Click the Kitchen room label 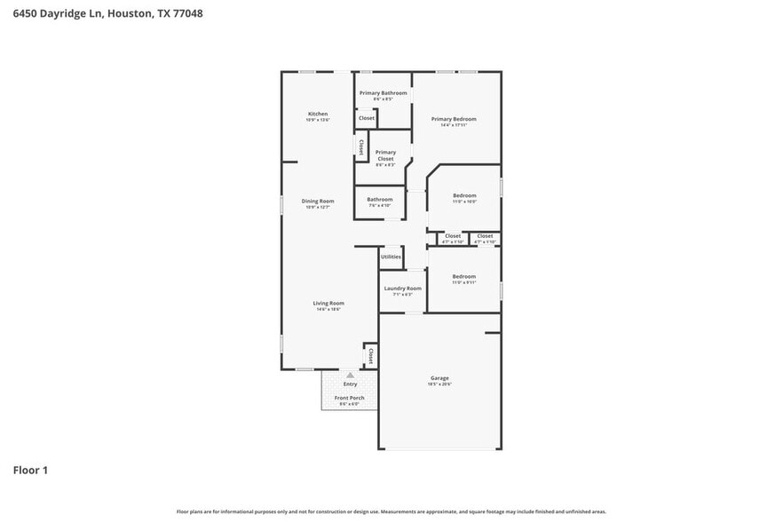(x=318, y=115)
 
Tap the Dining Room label (x=318, y=202)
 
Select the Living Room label (x=328, y=304)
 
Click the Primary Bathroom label (x=383, y=93)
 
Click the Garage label (x=440, y=377)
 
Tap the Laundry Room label (x=402, y=289)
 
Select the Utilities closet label (x=391, y=257)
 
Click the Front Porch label (x=349, y=398)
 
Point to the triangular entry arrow (x=350, y=376)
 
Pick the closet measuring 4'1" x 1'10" (x=453, y=236)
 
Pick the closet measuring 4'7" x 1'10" (x=484, y=236)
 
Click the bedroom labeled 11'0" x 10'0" (x=464, y=196)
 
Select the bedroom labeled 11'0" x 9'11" (x=463, y=277)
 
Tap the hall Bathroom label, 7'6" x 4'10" (x=380, y=200)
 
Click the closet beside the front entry (x=370, y=356)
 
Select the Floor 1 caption (x=30, y=470)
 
